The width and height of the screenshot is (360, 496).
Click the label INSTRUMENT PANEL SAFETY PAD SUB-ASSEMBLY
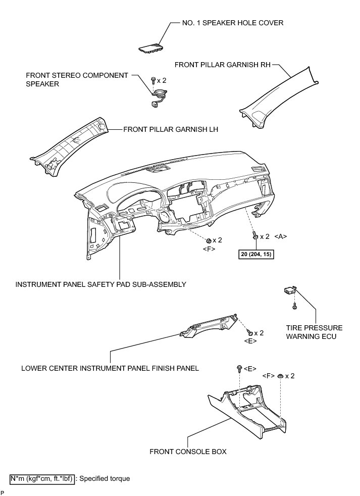pyautogui.click(x=101, y=284)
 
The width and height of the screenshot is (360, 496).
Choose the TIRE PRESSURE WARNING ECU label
pyautogui.click(x=307, y=332)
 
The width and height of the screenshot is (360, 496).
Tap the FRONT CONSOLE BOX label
pyautogui.click(x=188, y=451)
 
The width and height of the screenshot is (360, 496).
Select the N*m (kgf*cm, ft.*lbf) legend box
pyautogui.click(x=42, y=478)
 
